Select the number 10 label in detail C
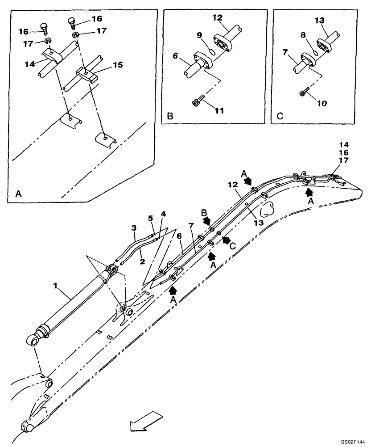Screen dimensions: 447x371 322,103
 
